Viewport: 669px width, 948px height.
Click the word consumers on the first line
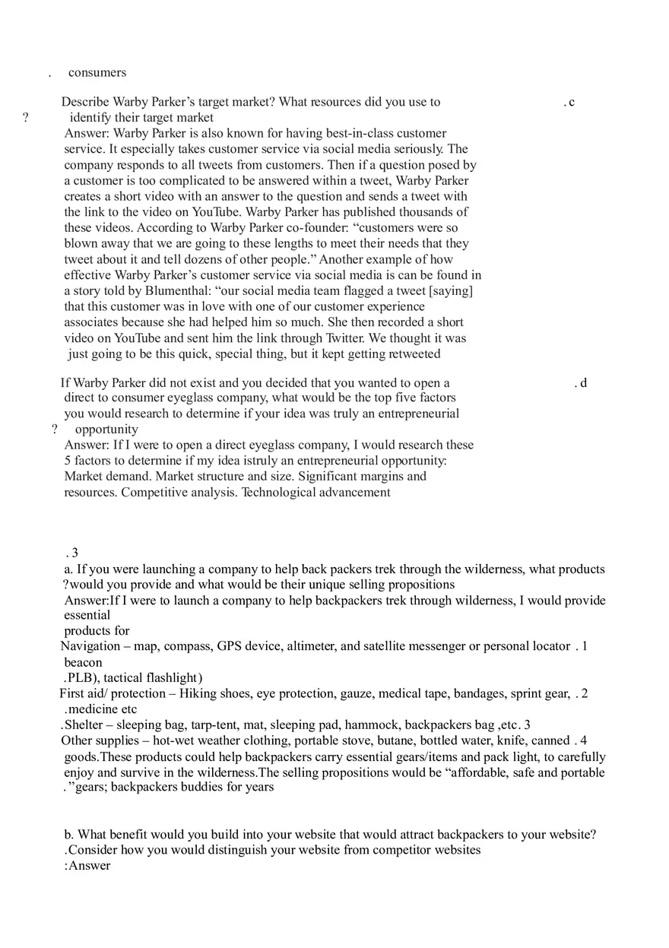pyautogui.click(x=97, y=73)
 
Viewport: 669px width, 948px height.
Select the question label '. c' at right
pyautogui.click(x=569, y=103)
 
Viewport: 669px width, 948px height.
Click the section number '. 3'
pyautogui.click(x=72, y=553)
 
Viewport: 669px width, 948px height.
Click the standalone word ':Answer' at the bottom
pyautogui.click(x=87, y=866)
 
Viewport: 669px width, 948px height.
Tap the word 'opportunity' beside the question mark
pyautogui.click(x=106, y=430)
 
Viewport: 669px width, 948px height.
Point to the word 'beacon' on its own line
pyautogui.click(x=83, y=662)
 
